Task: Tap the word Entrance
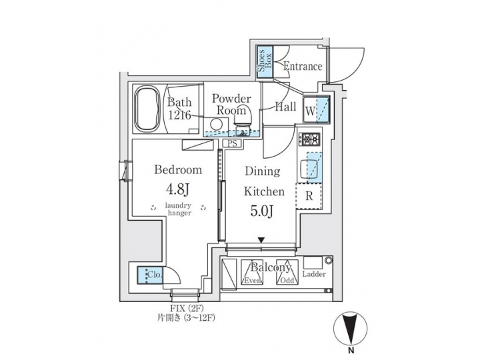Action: [x=303, y=67]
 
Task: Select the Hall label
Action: [x=285, y=105]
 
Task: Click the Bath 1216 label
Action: [x=179, y=109]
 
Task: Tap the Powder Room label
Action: [x=231, y=105]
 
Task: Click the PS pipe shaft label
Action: [x=233, y=143]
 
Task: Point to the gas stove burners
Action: [x=311, y=140]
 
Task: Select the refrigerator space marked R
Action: [x=309, y=196]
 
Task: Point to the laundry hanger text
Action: [x=178, y=209]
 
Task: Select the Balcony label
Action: [x=271, y=268]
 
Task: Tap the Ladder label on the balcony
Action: [x=313, y=274]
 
